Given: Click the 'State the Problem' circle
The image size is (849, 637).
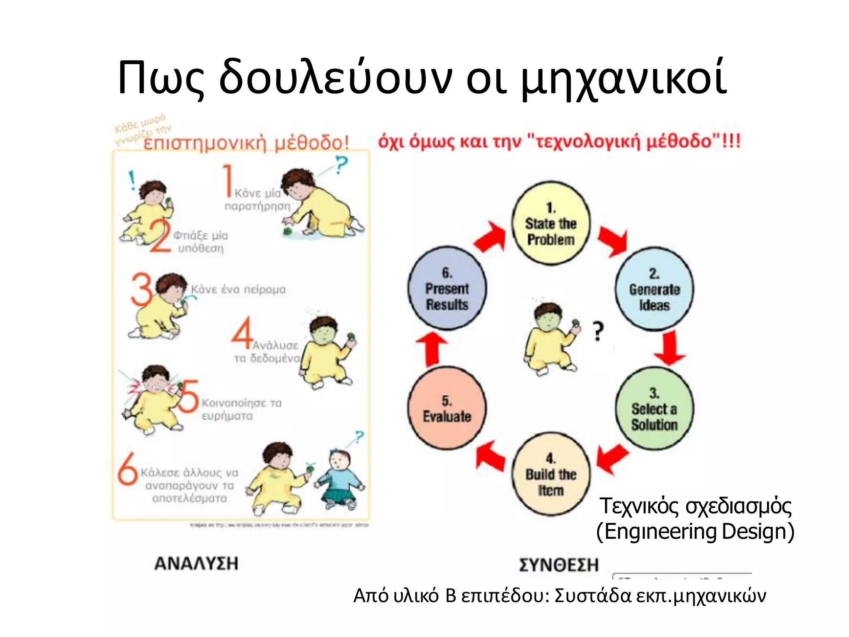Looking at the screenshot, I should [x=551, y=223].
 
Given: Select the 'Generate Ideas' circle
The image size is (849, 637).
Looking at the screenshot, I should [x=654, y=289].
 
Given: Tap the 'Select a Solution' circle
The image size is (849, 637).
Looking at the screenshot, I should [x=654, y=408].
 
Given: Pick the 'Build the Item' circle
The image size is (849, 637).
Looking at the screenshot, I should [x=551, y=474].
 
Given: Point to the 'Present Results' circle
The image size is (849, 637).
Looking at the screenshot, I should [x=447, y=288].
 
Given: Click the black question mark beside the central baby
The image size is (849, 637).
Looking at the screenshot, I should [x=597, y=332].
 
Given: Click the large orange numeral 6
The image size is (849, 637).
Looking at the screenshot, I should [x=127, y=469].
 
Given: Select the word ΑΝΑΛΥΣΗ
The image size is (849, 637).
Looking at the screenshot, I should [x=196, y=564].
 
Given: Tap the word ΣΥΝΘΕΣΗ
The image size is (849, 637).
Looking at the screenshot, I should [x=559, y=565].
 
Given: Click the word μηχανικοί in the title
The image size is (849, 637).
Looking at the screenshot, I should [x=623, y=79].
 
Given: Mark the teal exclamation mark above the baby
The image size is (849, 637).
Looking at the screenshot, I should [x=132, y=180].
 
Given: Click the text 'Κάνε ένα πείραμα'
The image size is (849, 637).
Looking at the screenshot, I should [x=238, y=289].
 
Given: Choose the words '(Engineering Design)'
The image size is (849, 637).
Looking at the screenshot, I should [x=695, y=532].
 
